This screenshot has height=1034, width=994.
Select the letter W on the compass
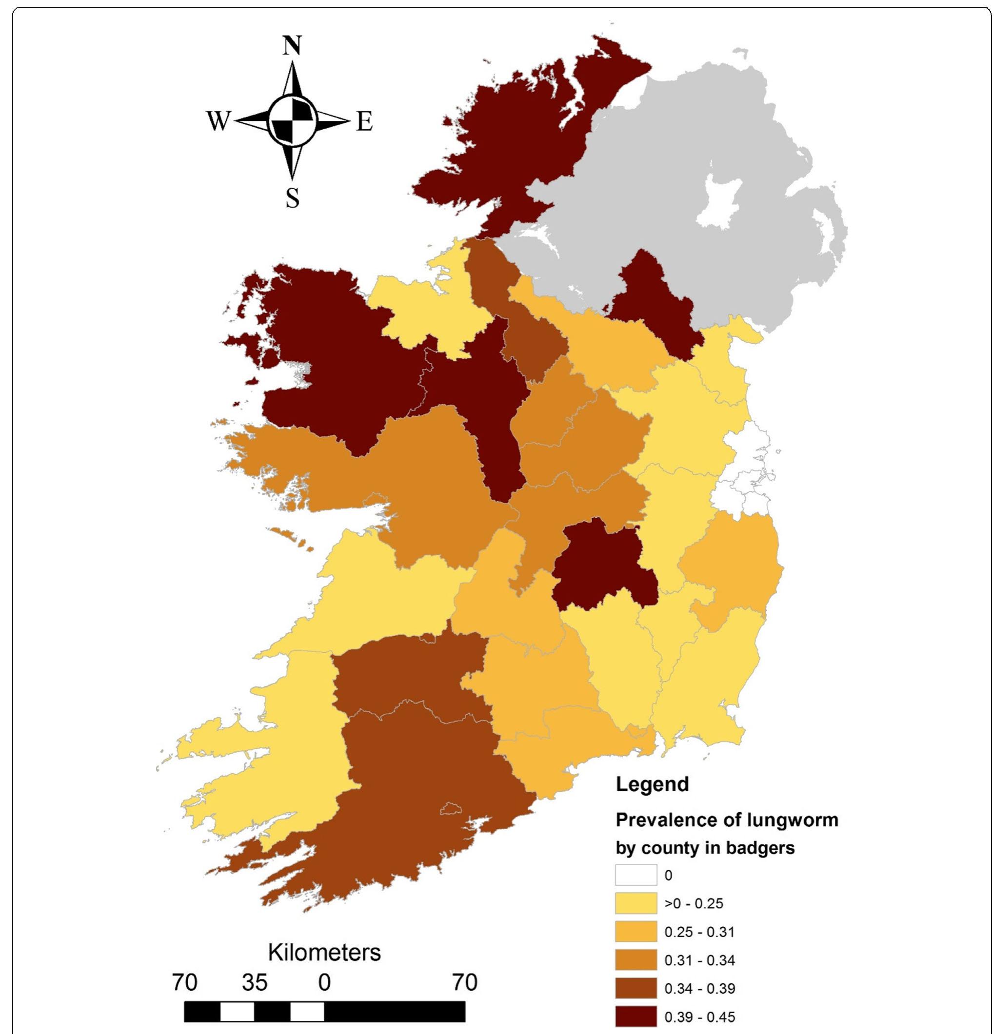click(219, 122)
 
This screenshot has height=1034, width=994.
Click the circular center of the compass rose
click(292, 122)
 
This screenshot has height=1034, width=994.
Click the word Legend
click(653, 784)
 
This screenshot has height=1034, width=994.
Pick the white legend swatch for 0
click(636, 875)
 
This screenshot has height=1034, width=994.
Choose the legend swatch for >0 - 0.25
click(636, 903)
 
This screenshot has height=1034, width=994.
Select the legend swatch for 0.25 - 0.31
click(636, 932)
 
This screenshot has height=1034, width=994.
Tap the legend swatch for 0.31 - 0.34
click(636, 959)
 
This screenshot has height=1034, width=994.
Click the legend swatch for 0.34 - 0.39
click(636, 988)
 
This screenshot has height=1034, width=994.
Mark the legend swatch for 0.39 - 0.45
click(636, 1016)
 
